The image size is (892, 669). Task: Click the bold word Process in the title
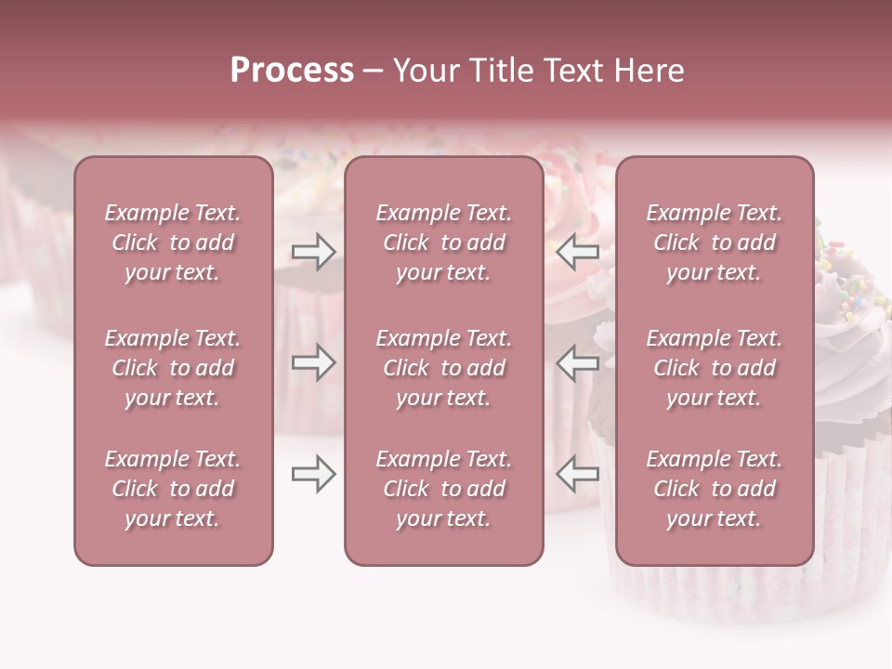(x=292, y=71)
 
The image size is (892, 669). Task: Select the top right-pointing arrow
(x=314, y=252)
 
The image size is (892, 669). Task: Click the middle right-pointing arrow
(x=314, y=362)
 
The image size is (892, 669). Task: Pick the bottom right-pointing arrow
(x=314, y=474)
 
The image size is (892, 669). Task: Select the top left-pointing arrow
(x=578, y=252)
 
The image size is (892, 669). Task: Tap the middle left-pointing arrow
(x=578, y=362)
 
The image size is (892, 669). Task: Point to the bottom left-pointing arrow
(x=578, y=474)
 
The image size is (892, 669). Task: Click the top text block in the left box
(x=173, y=243)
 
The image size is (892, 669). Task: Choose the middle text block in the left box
(x=173, y=368)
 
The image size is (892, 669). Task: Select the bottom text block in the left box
(x=173, y=489)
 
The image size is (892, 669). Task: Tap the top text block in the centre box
(x=444, y=243)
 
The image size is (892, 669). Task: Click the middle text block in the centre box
(x=444, y=368)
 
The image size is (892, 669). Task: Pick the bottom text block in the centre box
(x=444, y=489)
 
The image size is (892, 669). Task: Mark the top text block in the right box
(x=715, y=243)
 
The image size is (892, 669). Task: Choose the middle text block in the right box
(x=715, y=368)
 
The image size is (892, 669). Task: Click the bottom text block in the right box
(x=715, y=489)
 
